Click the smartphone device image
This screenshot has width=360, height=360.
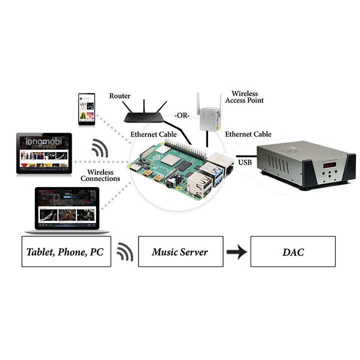[x=86, y=109]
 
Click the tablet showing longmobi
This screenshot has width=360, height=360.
[x=44, y=153]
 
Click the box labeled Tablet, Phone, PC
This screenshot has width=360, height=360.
[x=66, y=251]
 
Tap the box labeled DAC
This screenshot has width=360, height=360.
[x=292, y=251]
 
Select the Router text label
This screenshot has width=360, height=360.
[x=119, y=95]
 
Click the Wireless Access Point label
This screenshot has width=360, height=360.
[x=244, y=97]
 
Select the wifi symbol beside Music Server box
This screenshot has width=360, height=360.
[x=124, y=251]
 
